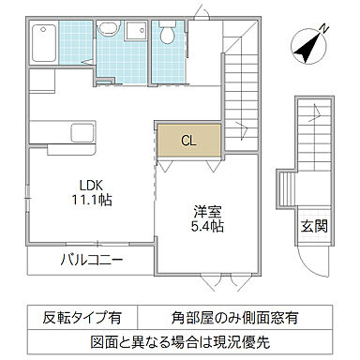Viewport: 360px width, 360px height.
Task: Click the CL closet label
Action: [x=187, y=142]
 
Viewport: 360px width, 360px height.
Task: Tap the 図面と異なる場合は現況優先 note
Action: [x=179, y=339]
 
